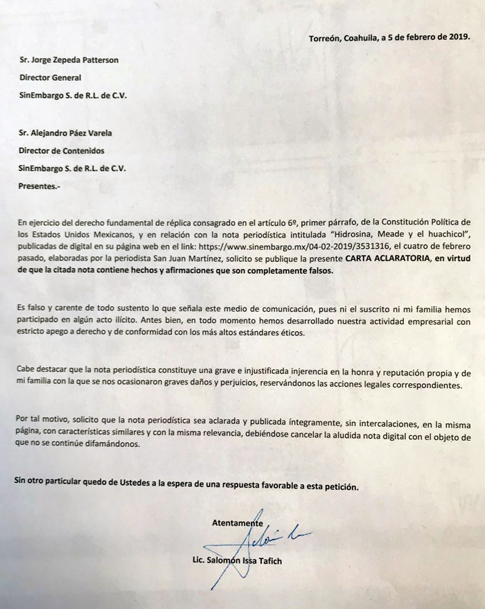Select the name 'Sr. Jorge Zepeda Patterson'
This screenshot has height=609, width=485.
tap(69, 60)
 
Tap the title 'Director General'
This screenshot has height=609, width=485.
tap(50, 78)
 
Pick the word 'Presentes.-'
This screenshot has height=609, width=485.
tap(39, 186)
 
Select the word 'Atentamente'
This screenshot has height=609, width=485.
tap(237, 523)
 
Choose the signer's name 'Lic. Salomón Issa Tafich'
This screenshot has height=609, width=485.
tap(240, 561)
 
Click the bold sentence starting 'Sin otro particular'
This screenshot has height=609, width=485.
tap(186, 487)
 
